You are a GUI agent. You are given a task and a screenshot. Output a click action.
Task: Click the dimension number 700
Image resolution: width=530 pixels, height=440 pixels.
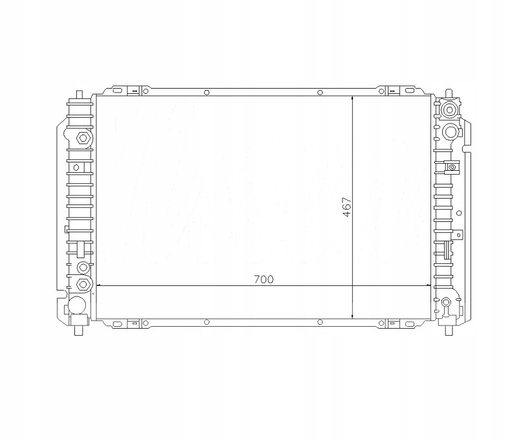pyautogui.click(x=263, y=280)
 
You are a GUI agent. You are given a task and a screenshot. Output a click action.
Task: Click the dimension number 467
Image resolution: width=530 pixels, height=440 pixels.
pyautogui.click(x=346, y=206)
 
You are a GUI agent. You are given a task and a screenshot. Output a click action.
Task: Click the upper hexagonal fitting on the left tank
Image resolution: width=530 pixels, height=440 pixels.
pyautogui.click(x=81, y=138)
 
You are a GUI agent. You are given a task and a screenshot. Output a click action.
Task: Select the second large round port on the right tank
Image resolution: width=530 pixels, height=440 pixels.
pyautogui.click(x=450, y=131)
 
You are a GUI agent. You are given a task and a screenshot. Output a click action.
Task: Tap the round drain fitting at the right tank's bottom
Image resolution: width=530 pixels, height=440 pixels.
pyautogui.click(x=447, y=302)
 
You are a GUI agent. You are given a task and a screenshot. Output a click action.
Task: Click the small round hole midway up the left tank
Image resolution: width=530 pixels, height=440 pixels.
pyautogui.click(x=76, y=167)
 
